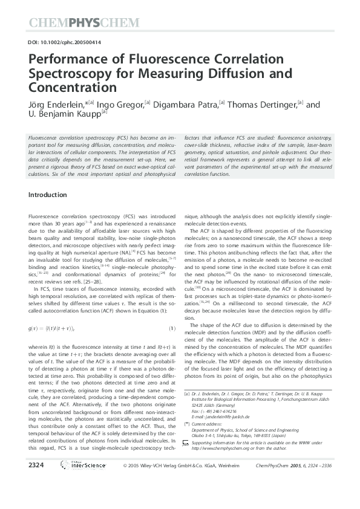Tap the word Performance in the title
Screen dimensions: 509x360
point(65,60)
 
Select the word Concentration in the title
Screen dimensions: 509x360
point(71,87)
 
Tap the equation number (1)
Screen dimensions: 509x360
point(172,328)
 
